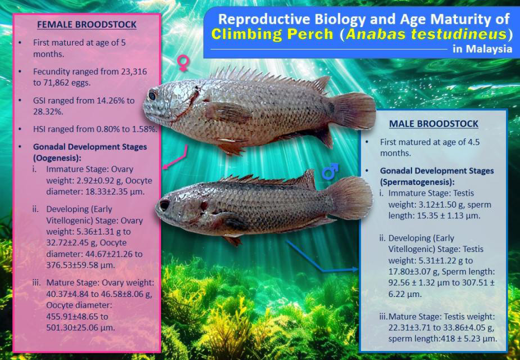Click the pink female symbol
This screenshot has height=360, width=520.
(183, 63)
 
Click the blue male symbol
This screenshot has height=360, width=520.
(330, 172)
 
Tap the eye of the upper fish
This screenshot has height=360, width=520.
(152, 96)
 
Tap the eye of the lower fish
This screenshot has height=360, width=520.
(165, 204)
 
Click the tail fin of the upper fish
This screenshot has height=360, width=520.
(354, 111)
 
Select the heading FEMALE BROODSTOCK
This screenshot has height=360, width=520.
(87, 25)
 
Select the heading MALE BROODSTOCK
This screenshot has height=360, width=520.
(433, 124)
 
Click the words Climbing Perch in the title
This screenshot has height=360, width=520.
(272, 34)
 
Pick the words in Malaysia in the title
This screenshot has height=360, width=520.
(482, 49)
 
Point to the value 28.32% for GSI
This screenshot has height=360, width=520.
(48, 111)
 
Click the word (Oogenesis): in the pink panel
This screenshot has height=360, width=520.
(57, 157)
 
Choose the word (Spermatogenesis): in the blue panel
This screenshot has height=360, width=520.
(417, 182)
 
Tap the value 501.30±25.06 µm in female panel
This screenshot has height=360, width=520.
(80, 327)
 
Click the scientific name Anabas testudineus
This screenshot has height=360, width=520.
(427, 34)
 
